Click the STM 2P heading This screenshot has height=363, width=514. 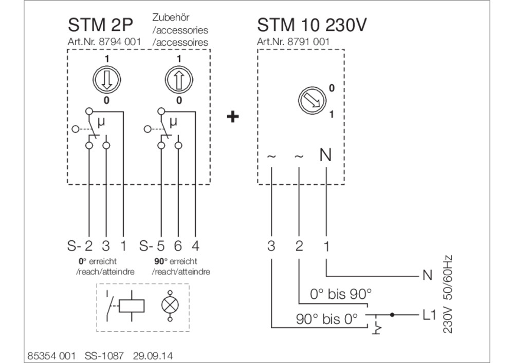pyautogui.click(x=100, y=25)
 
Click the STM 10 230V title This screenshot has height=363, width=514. pyautogui.click(x=311, y=25)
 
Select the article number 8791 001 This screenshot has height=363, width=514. pyautogui.click(x=308, y=42)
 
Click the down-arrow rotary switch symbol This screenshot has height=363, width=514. pyautogui.click(x=106, y=80)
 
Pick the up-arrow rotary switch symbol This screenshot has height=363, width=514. pyautogui.click(x=179, y=80)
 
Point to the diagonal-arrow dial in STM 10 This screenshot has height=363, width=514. pyautogui.click(x=313, y=101)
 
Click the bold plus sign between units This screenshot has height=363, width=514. pyautogui.click(x=233, y=116)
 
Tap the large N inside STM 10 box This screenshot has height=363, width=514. pyautogui.click(x=325, y=155)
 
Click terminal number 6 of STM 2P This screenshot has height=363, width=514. pyautogui.click(x=178, y=245)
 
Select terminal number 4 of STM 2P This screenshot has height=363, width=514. pyautogui.click(x=195, y=245)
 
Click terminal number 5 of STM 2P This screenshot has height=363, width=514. pyautogui.click(x=161, y=245)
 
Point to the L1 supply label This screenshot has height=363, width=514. pyautogui.click(x=429, y=315)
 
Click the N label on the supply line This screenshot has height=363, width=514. pyautogui.click(x=428, y=275)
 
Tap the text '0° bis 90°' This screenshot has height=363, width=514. pyautogui.click(x=341, y=294)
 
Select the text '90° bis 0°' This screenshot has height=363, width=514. pyautogui.click(x=326, y=319)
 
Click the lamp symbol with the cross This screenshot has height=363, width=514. pyautogui.click(x=170, y=305)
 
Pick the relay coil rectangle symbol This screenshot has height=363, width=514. pyautogui.click(x=132, y=306)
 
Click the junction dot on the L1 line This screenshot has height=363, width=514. pyautogui.click(x=392, y=315)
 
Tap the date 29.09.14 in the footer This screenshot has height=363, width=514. pyautogui.click(x=153, y=356)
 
